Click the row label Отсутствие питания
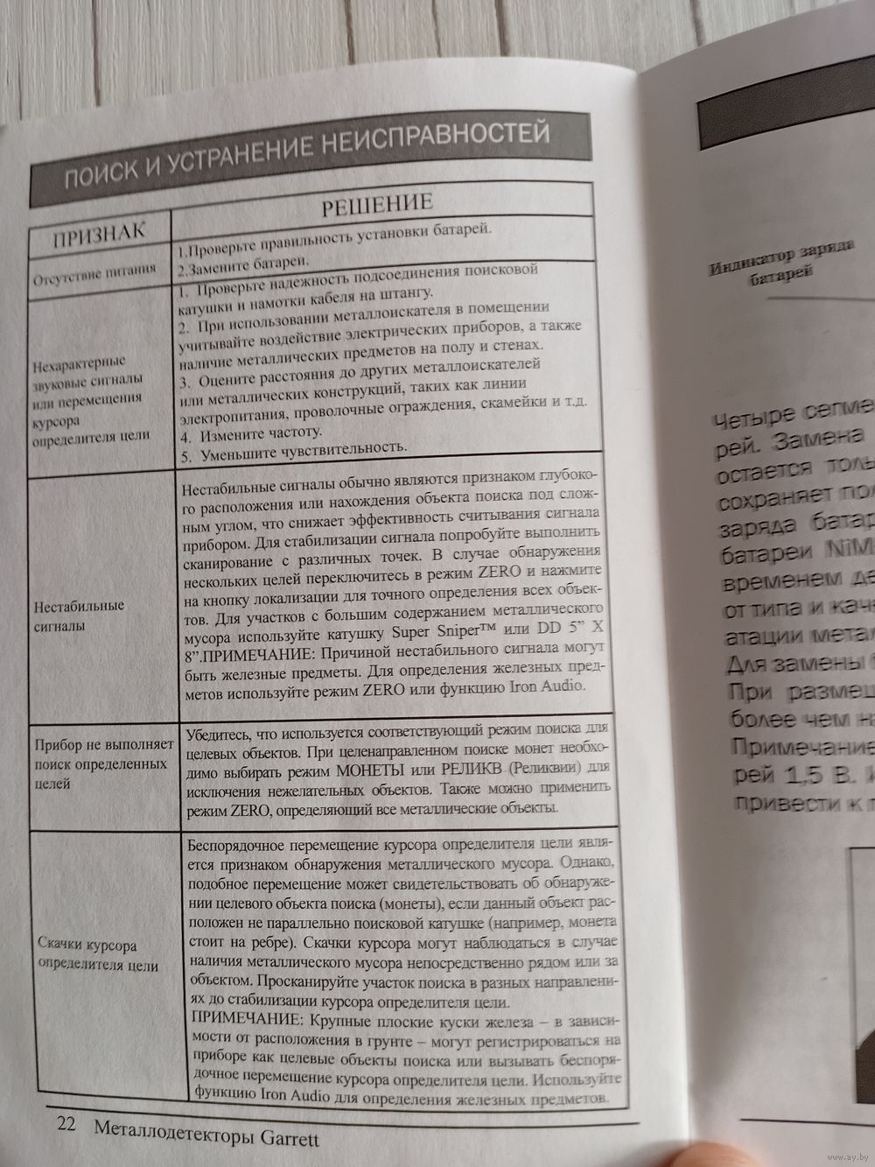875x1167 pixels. click(x=95, y=269)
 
